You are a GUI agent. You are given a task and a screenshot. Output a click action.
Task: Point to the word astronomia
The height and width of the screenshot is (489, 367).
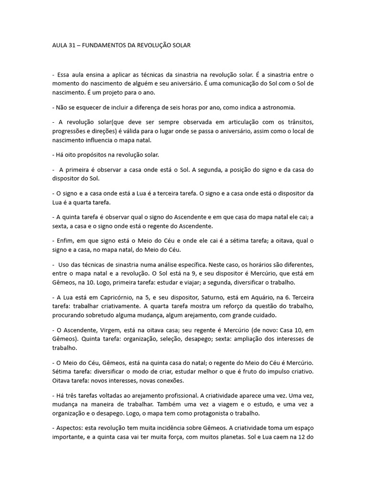pos(295,107)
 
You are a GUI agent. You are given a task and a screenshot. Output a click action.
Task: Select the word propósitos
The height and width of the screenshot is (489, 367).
pos(100,155)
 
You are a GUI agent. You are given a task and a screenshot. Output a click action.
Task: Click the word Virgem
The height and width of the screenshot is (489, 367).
pos(107,330)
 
